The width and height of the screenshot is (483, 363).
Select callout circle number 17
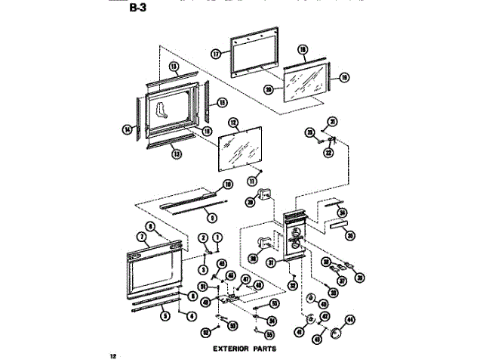coord(215,54)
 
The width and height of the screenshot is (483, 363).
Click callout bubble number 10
coord(226,185)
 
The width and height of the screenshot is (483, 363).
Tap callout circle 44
coord(349,321)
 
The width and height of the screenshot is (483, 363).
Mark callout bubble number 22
coord(328,152)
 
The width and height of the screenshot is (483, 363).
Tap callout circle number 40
coord(324,304)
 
